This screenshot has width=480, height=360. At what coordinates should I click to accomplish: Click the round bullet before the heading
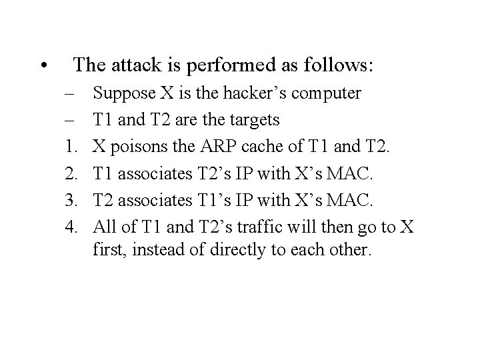click(43, 66)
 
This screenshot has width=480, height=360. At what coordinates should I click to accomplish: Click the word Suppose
click(122, 93)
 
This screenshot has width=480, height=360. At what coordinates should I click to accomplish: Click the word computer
click(333, 94)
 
